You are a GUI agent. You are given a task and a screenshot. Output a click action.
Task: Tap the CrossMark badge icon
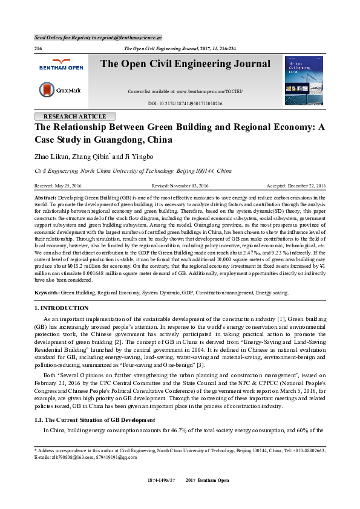(x=47, y=90)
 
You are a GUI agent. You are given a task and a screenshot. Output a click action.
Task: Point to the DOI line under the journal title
(x=185, y=103)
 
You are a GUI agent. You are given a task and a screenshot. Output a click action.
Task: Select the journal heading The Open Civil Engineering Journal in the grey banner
(x=185, y=64)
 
